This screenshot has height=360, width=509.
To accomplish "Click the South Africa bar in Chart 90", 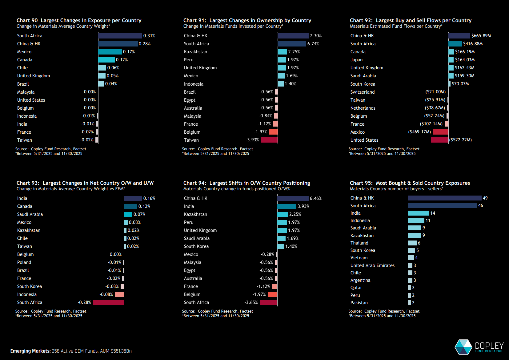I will [120, 36].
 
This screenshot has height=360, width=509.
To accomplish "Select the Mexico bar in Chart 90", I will [110, 52].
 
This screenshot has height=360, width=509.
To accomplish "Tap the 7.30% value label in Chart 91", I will [315, 36].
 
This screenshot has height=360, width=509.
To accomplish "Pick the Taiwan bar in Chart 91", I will [269, 140].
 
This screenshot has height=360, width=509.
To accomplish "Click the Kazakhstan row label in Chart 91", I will [195, 52].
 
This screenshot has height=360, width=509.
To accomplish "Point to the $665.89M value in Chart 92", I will [481, 36].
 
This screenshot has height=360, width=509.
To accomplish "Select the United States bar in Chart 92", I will [440, 140].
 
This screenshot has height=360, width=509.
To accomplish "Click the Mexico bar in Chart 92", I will [441, 132].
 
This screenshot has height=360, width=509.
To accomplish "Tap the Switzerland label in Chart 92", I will [362, 92].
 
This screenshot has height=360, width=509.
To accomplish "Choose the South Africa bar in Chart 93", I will [108, 302].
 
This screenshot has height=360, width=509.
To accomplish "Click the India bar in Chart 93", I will [133, 198].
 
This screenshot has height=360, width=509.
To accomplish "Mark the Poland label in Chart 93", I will [24, 262].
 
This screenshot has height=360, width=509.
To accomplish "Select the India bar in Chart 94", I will [287, 206].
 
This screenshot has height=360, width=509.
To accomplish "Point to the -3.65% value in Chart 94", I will [251, 302].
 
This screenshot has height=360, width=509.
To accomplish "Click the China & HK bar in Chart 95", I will [445, 198].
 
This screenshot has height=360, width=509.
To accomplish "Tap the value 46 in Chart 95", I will [480, 205].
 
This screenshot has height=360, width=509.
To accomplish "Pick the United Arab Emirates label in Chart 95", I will [372, 265].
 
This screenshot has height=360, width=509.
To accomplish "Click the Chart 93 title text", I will [85, 183].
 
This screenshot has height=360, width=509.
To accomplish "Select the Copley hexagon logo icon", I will [463, 347].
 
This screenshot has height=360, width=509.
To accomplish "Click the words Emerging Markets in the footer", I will [30, 351].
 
